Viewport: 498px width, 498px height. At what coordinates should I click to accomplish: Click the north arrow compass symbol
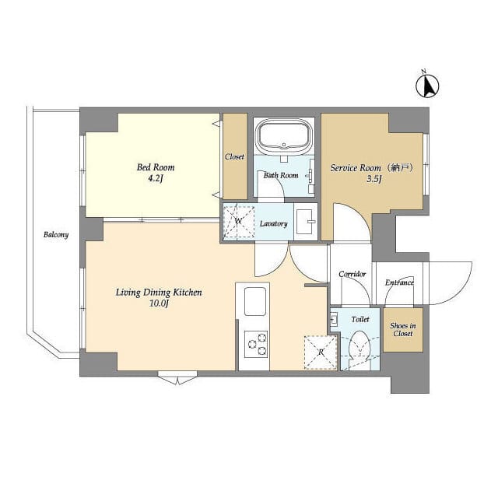(x=426, y=84)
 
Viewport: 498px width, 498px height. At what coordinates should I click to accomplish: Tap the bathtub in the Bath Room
(x=284, y=138)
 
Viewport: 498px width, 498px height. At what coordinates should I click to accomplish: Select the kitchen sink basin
(x=254, y=300)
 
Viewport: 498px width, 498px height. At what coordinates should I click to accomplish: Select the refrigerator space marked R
(x=321, y=352)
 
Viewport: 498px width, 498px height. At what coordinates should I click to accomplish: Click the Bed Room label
(x=156, y=167)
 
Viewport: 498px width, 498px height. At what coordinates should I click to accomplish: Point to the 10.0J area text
(x=158, y=304)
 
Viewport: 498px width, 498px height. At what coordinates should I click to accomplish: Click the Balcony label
(x=56, y=234)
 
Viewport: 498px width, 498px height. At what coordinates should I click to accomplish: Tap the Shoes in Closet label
(x=402, y=330)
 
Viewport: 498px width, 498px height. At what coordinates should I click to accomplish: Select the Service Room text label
(x=356, y=168)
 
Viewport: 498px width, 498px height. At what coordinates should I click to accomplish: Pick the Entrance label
(x=399, y=282)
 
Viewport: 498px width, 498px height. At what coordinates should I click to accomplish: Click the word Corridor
(x=352, y=275)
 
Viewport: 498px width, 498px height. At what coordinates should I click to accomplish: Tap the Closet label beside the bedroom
(x=234, y=156)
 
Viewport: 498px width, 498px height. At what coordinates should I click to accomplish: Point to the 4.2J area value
(x=156, y=179)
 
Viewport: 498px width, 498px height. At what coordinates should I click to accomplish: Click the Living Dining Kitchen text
(x=159, y=293)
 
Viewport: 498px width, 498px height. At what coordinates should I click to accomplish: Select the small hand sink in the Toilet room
(x=334, y=319)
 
